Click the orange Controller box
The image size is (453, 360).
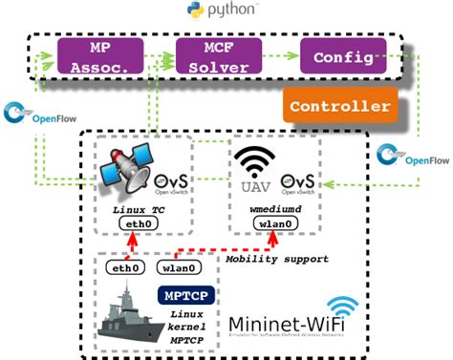pos(340,105)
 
